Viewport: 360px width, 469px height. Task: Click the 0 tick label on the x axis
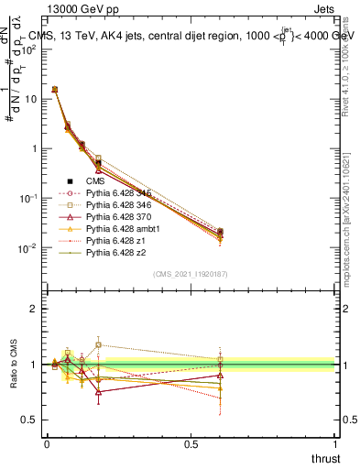click(46, 444)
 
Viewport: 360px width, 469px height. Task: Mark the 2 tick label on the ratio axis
click(32, 310)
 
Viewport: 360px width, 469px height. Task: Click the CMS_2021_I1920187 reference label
click(190, 274)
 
